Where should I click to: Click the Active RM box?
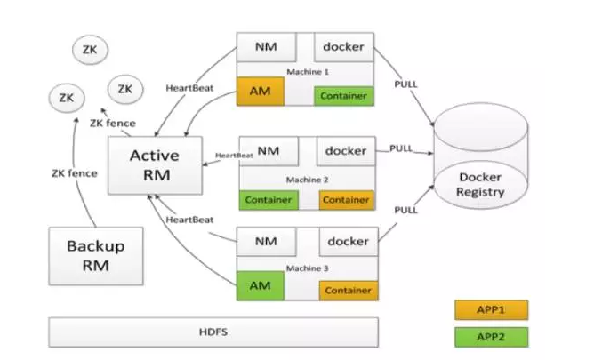click(154, 164)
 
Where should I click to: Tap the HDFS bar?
click(213, 332)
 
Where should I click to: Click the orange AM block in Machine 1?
click(260, 91)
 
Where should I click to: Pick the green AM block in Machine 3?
click(260, 286)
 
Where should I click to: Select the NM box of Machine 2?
click(268, 150)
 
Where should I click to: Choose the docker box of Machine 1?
click(344, 47)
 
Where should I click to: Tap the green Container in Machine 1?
click(345, 95)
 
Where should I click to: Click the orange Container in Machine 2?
click(347, 200)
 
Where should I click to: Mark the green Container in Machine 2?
click(268, 200)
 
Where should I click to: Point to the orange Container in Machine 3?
click(348, 290)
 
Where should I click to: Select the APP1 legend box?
click(490, 310)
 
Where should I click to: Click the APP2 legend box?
click(490, 337)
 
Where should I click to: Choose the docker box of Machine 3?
click(348, 241)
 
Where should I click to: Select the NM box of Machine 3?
click(268, 241)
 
